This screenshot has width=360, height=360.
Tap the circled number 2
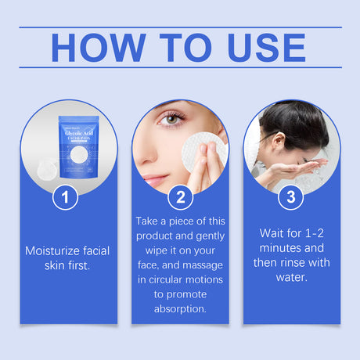[x=180, y=196]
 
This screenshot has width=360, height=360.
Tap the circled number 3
[x=290, y=196]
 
